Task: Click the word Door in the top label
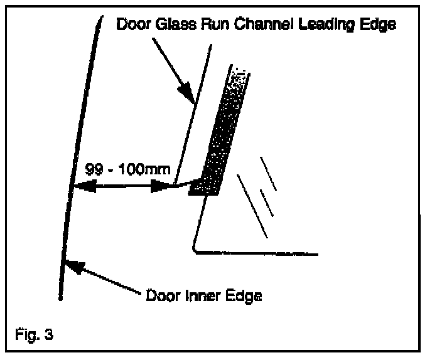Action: pos(132,24)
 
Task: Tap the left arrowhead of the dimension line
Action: pos(83,186)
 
